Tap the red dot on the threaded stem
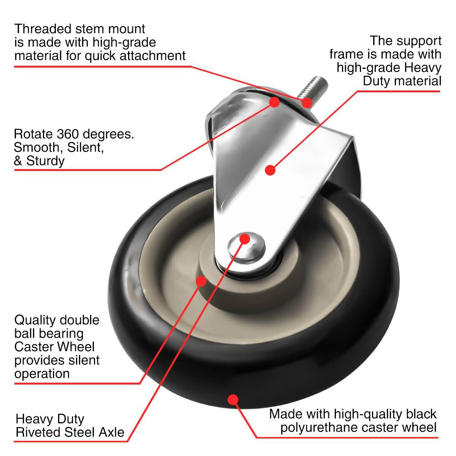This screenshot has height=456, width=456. tap(307, 103)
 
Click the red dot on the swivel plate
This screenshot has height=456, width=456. tap(274, 102)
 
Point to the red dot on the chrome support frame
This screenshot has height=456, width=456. tap(270, 170)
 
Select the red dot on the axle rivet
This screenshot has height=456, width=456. tap(245, 239)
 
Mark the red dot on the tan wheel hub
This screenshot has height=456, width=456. tap(201, 281)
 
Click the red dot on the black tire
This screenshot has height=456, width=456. tap(233, 400)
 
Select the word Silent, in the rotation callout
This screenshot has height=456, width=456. tap(85, 148)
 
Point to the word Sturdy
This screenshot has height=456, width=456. tap(45, 161)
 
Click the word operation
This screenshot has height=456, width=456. tap(42, 374)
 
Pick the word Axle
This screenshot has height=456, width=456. tap(111, 432)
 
